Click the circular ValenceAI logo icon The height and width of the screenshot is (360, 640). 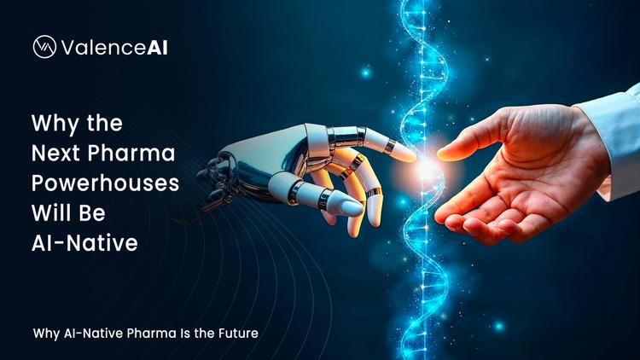(x=44, y=47)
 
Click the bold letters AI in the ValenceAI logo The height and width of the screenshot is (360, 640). (x=156, y=48)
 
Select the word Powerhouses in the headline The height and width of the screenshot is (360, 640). (x=104, y=183)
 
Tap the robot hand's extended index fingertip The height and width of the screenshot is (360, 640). (x=408, y=156)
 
